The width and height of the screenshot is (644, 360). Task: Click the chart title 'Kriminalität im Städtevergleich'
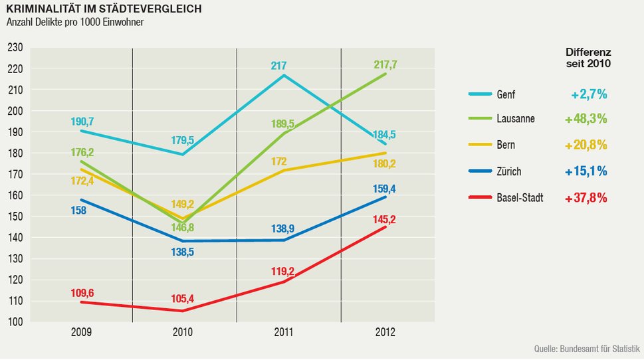104,9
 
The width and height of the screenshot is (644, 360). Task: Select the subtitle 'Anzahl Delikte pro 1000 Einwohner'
75,23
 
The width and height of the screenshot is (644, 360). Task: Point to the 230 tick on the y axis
15,48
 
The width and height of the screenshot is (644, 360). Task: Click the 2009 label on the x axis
81,332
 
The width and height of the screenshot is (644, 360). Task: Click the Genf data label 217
278,66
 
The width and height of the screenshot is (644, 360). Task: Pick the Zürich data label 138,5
181,252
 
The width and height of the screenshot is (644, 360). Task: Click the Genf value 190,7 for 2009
82,122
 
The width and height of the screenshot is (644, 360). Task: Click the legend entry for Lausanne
515,119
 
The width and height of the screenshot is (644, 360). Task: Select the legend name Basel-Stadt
520,198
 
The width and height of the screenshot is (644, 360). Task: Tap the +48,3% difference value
586,120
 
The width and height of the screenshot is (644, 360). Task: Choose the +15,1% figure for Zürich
586,172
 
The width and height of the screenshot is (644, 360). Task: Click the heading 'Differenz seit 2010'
588,58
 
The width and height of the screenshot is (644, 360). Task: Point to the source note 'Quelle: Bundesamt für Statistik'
587,349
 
